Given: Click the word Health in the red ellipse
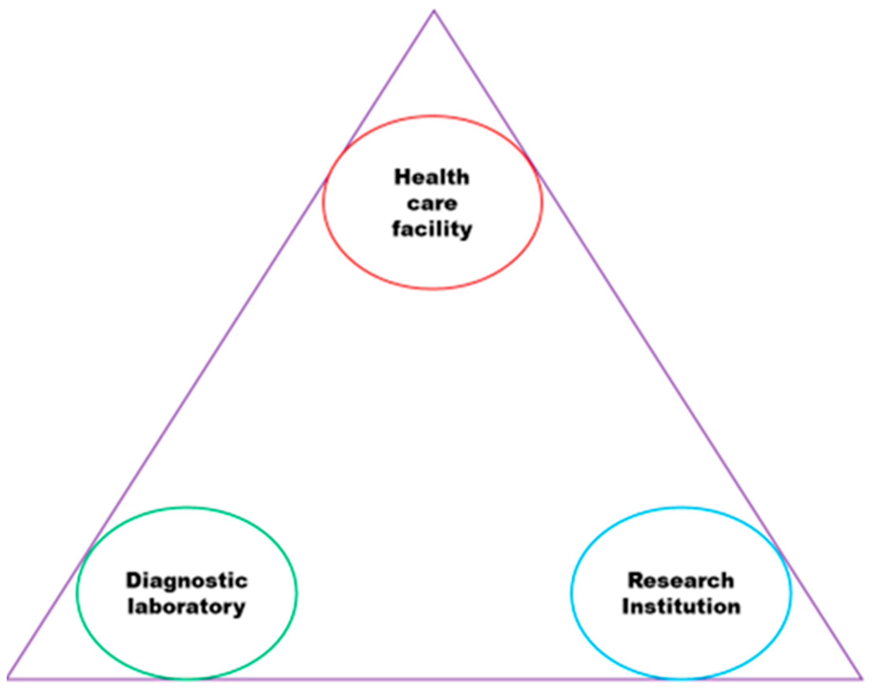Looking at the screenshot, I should (x=432, y=177).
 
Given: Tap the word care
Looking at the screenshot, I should (x=432, y=203).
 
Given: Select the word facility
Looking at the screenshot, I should (x=432, y=229).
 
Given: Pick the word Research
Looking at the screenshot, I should (x=681, y=580).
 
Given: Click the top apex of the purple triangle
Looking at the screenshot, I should (x=434, y=11).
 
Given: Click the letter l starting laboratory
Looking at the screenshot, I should (x=130, y=606).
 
